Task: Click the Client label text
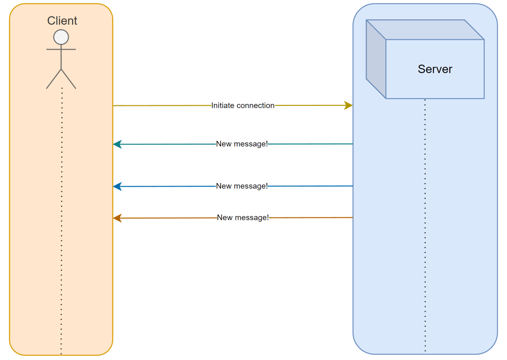[x=62, y=21]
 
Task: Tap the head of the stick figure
[x=61, y=37]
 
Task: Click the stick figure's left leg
[x=54, y=79]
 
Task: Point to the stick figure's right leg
[x=69, y=79]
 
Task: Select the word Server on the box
[x=435, y=69]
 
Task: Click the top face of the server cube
[x=425, y=30]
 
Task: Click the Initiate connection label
[x=243, y=105]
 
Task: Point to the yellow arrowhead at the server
[x=348, y=105]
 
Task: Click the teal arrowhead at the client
[x=117, y=144]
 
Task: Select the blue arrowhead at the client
[x=117, y=187]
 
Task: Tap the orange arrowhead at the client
[x=117, y=218]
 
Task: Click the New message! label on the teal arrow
[x=242, y=144]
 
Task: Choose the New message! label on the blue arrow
[x=242, y=186]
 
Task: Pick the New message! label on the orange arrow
[x=243, y=218]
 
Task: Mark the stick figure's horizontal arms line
[x=61, y=49]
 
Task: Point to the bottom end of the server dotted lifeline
[x=425, y=350]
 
